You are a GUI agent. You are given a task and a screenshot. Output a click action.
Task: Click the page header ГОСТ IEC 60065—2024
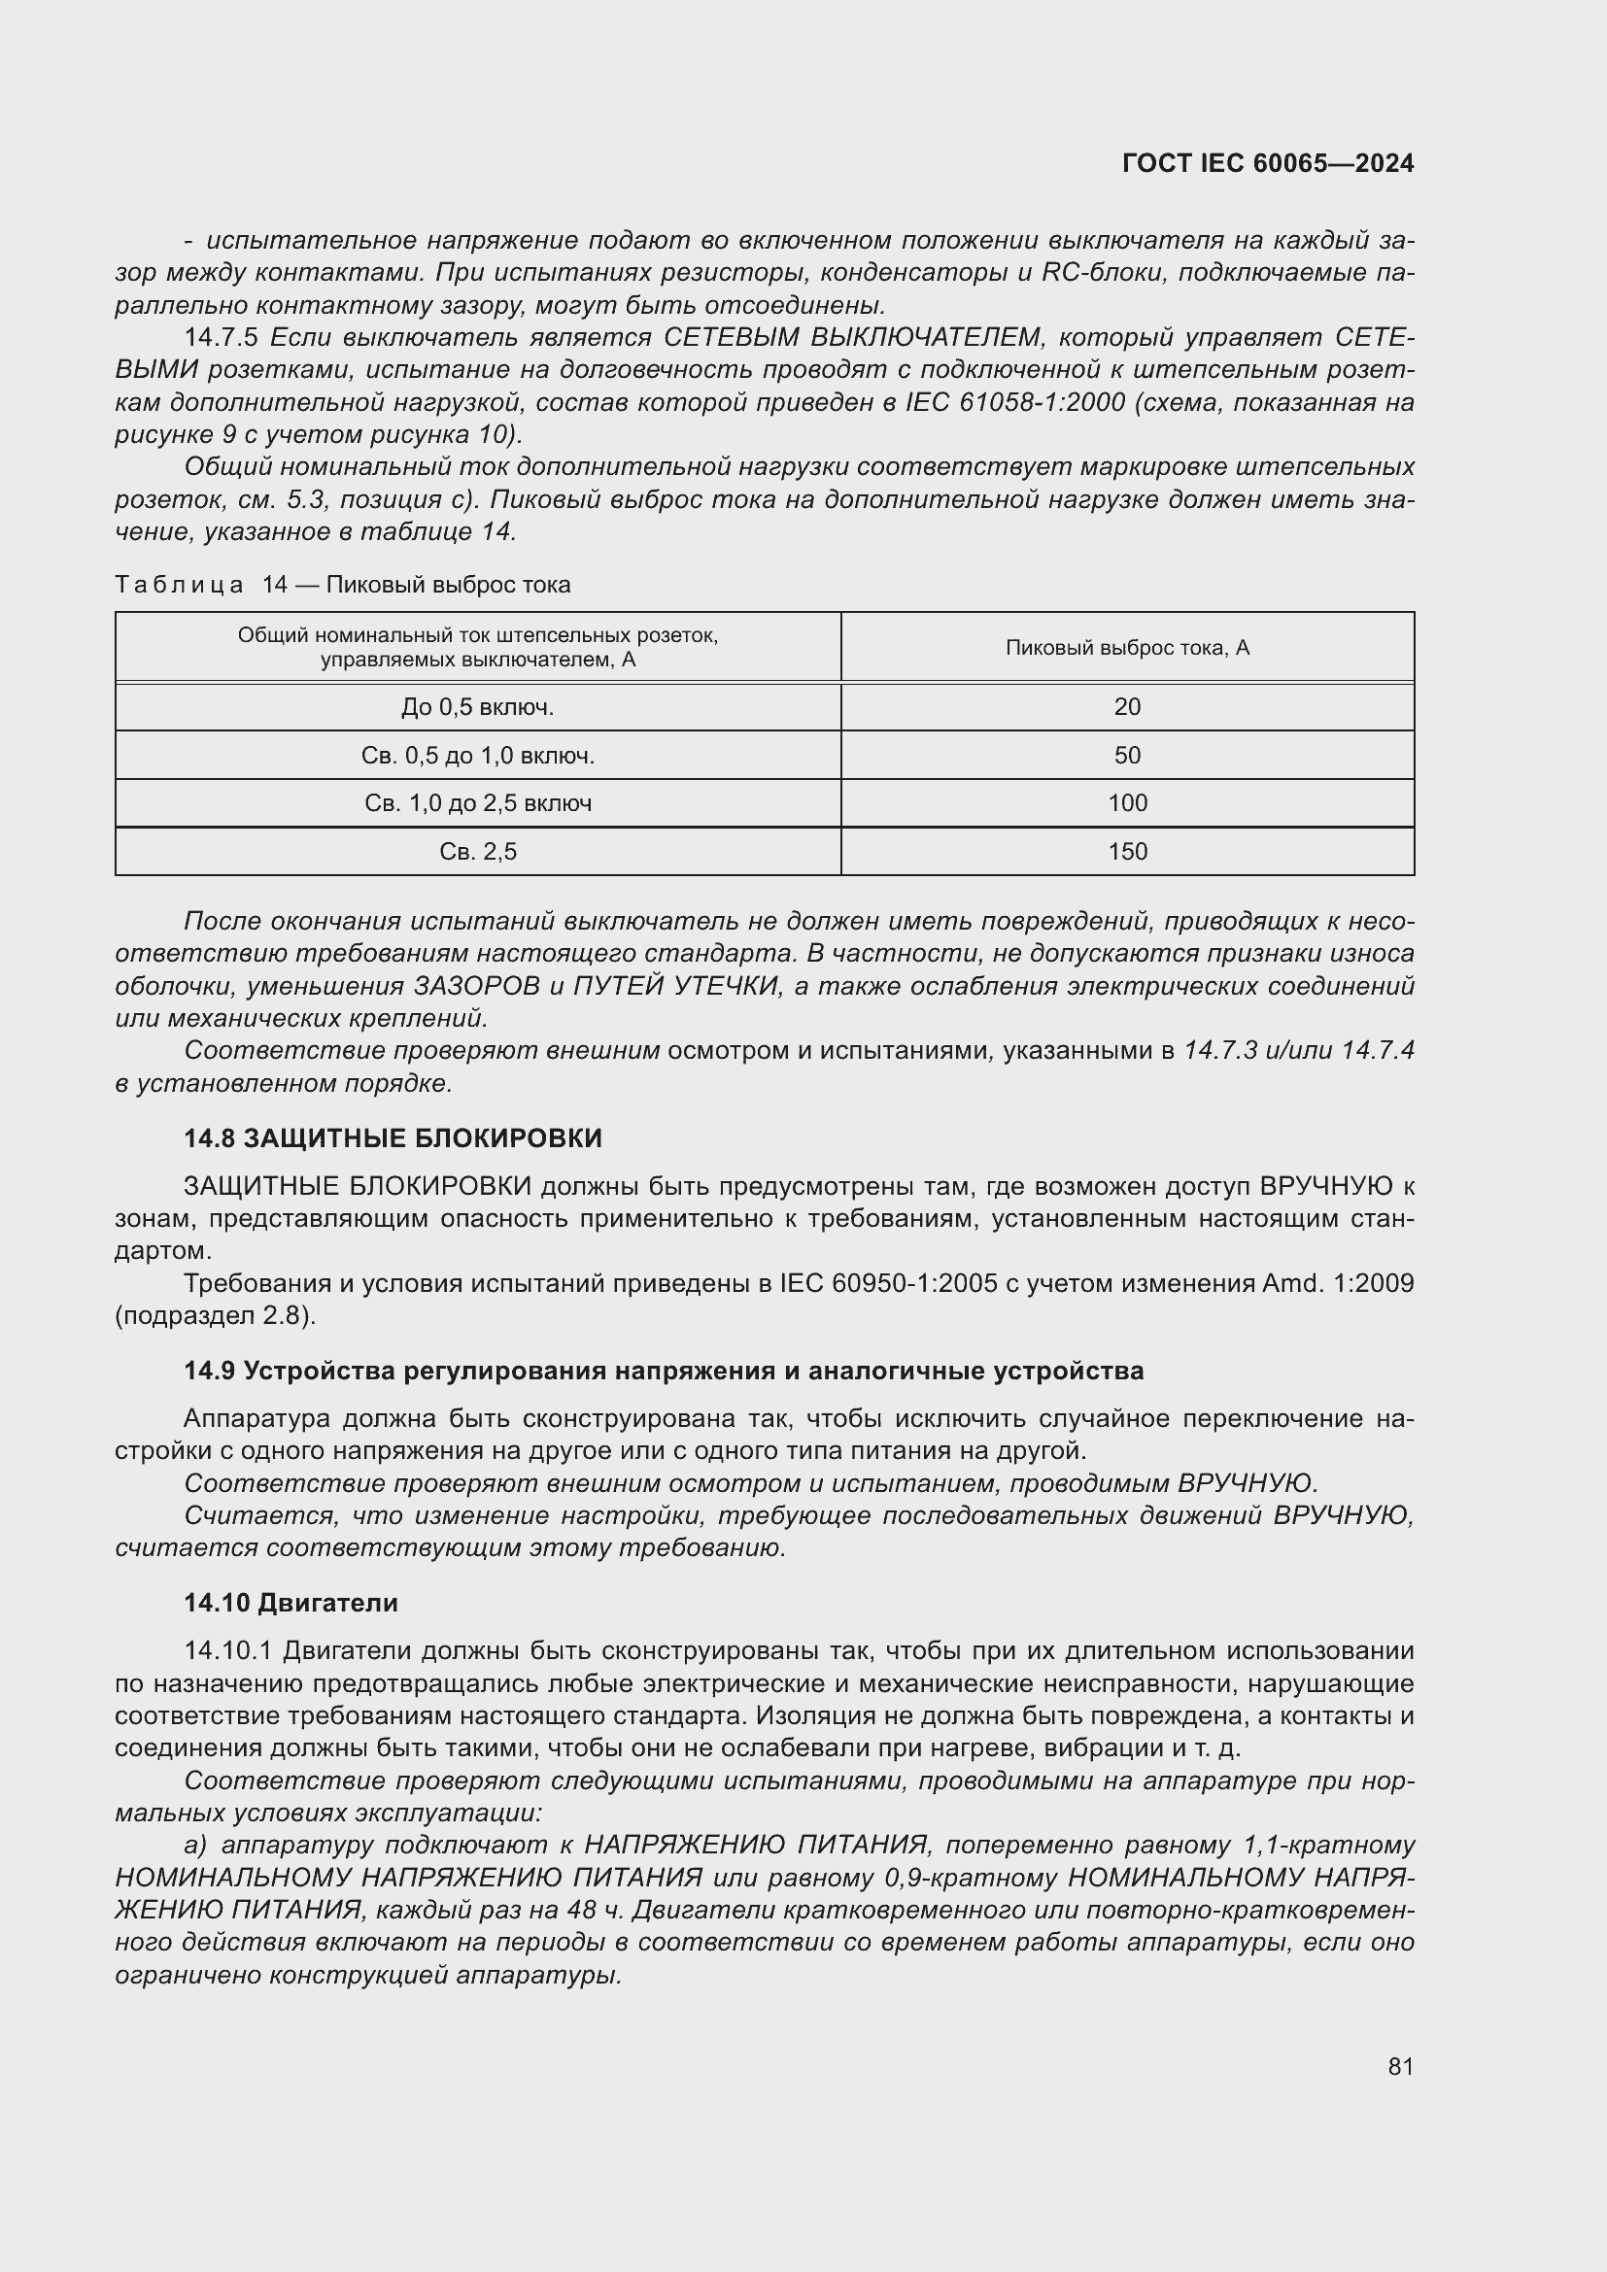(x=1268, y=163)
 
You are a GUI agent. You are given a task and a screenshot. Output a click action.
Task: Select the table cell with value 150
(x=1127, y=851)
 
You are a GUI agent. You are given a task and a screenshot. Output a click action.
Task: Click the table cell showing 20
(x=1127, y=706)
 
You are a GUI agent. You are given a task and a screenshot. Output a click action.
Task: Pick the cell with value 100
(x=1127, y=802)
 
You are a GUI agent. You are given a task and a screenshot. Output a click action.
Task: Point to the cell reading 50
(x=1127, y=755)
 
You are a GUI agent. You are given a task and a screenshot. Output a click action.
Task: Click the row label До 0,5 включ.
(x=478, y=706)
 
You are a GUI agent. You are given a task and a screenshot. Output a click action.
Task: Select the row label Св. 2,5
(x=478, y=851)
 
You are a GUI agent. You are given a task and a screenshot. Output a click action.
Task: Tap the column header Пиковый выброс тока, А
(x=1127, y=647)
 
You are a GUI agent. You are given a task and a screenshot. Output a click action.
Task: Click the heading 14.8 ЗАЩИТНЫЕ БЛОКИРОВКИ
(x=393, y=1138)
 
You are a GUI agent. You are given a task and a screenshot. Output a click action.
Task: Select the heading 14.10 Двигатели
(x=291, y=1602)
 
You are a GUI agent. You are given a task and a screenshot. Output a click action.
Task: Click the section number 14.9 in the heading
(x=209, y=1371)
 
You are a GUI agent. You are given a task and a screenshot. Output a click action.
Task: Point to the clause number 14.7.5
(x=221, y=337)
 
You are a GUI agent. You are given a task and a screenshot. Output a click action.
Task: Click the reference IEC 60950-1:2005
(x=888, y=1283)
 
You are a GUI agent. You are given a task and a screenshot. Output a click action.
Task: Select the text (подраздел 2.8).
(x=215, y=1315)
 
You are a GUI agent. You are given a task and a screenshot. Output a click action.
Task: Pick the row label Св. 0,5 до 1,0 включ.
(x=478, y=755)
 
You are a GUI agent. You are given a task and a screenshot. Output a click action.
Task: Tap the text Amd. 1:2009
(x=1338, y=1283)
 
